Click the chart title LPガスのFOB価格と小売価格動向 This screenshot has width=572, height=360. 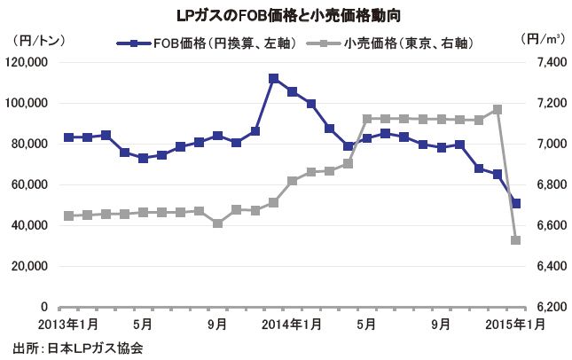286,15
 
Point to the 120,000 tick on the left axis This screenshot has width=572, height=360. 31,63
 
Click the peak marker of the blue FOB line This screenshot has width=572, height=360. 274,79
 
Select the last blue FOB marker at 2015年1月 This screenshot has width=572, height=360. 516,204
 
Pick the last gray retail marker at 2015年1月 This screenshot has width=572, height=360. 516,239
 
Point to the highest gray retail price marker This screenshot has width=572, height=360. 498,109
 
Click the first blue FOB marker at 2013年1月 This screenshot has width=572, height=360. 68,137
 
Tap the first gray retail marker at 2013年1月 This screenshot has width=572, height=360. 68,215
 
